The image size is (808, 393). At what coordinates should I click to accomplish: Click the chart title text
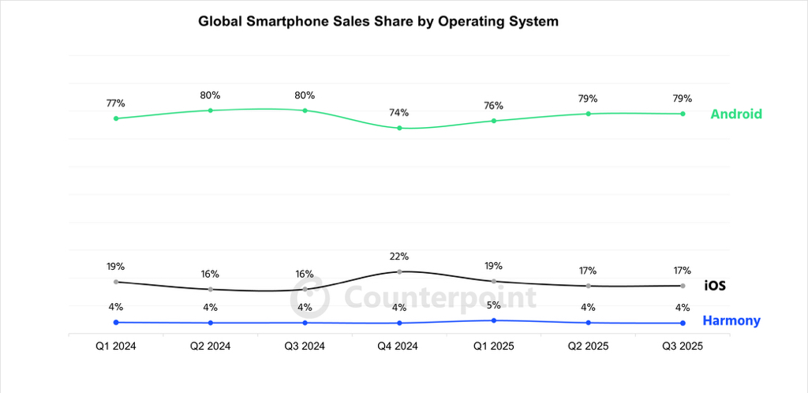click(x=378, y=22)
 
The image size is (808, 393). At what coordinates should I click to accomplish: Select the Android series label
click(x=736, y=114)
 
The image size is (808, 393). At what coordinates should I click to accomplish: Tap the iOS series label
click(x=715, y=286)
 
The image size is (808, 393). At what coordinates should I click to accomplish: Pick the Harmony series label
click(x=731, y=320)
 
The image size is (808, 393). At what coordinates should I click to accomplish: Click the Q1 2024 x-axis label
click(x=116, y=345)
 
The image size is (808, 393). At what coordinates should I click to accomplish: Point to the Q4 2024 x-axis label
click(x=399, y=345)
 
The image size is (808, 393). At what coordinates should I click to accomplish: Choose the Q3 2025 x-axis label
click(x=683, y=345)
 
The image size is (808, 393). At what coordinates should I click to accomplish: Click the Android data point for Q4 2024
click(x=399, y=128)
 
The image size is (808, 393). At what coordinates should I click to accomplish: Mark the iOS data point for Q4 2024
click(x=399, y=271)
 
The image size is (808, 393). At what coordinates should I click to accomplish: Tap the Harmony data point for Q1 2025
click(x=494, y=320)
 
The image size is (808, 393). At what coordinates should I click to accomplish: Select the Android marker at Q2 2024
click(x=211, y=110)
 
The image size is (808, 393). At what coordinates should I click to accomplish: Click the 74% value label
click(x=399, y=112)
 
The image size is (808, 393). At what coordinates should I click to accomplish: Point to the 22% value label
click(x=399, y=256)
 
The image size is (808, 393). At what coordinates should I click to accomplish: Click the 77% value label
click(x=116, y=103)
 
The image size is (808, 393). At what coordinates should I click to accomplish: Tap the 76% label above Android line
click(x=494, y=106)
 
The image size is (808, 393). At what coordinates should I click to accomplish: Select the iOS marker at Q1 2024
click(x=116, y=282)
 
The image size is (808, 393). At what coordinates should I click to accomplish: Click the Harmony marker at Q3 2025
click(x=683, y=323)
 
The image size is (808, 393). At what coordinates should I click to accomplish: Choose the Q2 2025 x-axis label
click(x=588, y=345)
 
